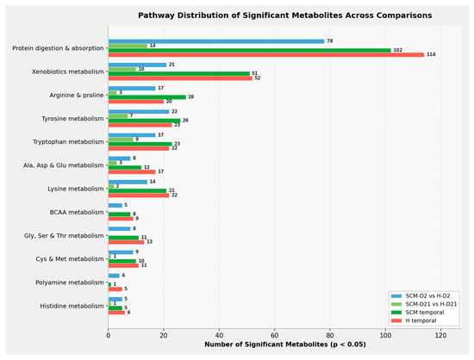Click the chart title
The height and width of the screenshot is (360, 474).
[x=284, y=16]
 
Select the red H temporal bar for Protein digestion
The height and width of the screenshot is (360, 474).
[x=266, y=54]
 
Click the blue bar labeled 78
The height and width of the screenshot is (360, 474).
[x=216, y=41]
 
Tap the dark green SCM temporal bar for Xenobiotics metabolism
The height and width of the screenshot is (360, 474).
[x=179, y=74]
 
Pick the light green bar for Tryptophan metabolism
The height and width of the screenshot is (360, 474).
[x=121, y=140]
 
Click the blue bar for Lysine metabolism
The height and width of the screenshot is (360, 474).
[x=128, y=182]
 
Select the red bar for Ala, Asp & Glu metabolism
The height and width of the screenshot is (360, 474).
[x=132, y=172]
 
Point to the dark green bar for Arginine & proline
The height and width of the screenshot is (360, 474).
[x=147, y=97]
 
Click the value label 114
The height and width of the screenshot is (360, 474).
[x=431, y=54]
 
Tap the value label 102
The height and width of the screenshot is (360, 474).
[x=397, y=50]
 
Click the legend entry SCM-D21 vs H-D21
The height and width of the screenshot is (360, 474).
[x=424, y=304]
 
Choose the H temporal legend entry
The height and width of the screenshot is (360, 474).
[x=414, y=320]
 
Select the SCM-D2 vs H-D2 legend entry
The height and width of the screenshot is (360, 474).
[x=421, y=296]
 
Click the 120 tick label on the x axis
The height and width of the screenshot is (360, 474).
[x=440, y=336]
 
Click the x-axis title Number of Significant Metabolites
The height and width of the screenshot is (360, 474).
[x=285, y=344]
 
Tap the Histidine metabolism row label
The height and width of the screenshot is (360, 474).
[x=72, y=306]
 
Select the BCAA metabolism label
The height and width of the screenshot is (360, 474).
[x=77, y=213]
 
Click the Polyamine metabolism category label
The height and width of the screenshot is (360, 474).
[x=70, y=282]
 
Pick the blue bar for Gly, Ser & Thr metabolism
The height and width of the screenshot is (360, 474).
[x=120, y=229]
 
